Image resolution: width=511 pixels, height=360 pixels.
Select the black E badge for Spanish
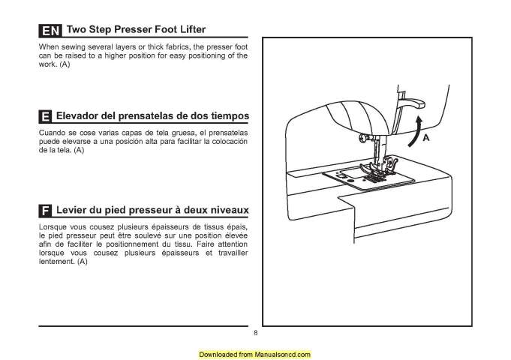coord(45,118)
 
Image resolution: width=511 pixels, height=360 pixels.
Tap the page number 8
coord(255,333)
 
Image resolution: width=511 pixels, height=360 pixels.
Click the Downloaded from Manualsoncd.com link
coord(255,353)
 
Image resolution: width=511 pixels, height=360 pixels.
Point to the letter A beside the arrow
coord(425,139)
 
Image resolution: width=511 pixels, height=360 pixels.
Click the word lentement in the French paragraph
coord(56,262)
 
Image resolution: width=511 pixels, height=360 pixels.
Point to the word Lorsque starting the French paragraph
coord(53,226)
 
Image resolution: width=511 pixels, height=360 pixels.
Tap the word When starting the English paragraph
coord(48,47)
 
